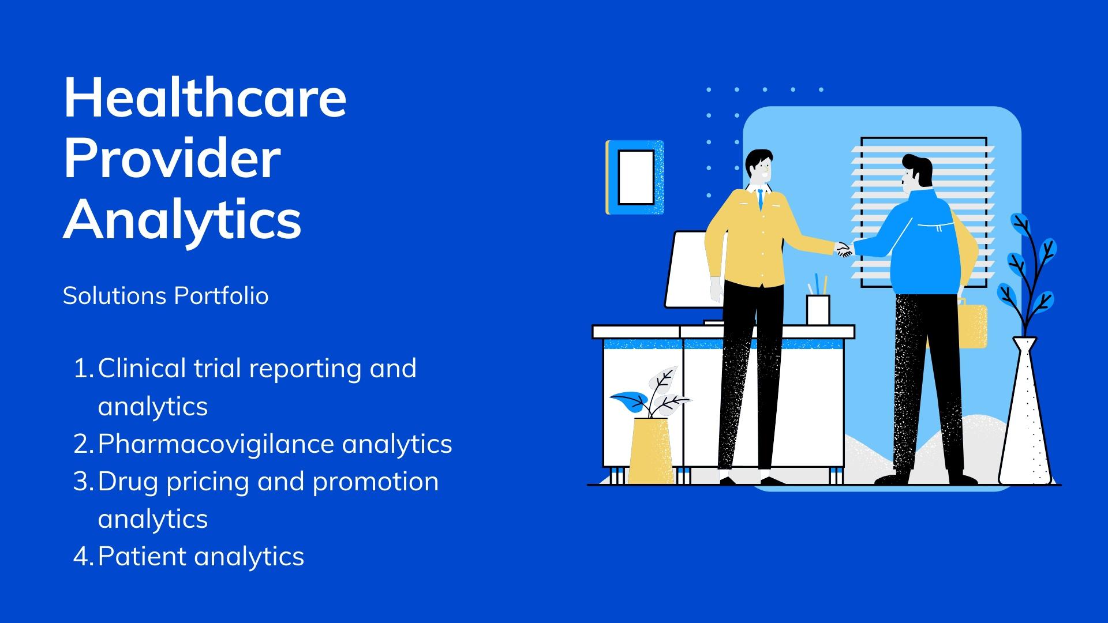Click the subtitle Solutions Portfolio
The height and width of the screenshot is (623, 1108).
[x=166, y=296]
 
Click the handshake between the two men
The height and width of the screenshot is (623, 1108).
[x=844, y=249]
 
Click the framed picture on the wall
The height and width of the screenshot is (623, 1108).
[x=635, y=178]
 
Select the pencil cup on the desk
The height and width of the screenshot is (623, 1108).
[x=818, y=310]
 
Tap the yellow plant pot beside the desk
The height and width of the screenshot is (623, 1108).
[x=650, y=451]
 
